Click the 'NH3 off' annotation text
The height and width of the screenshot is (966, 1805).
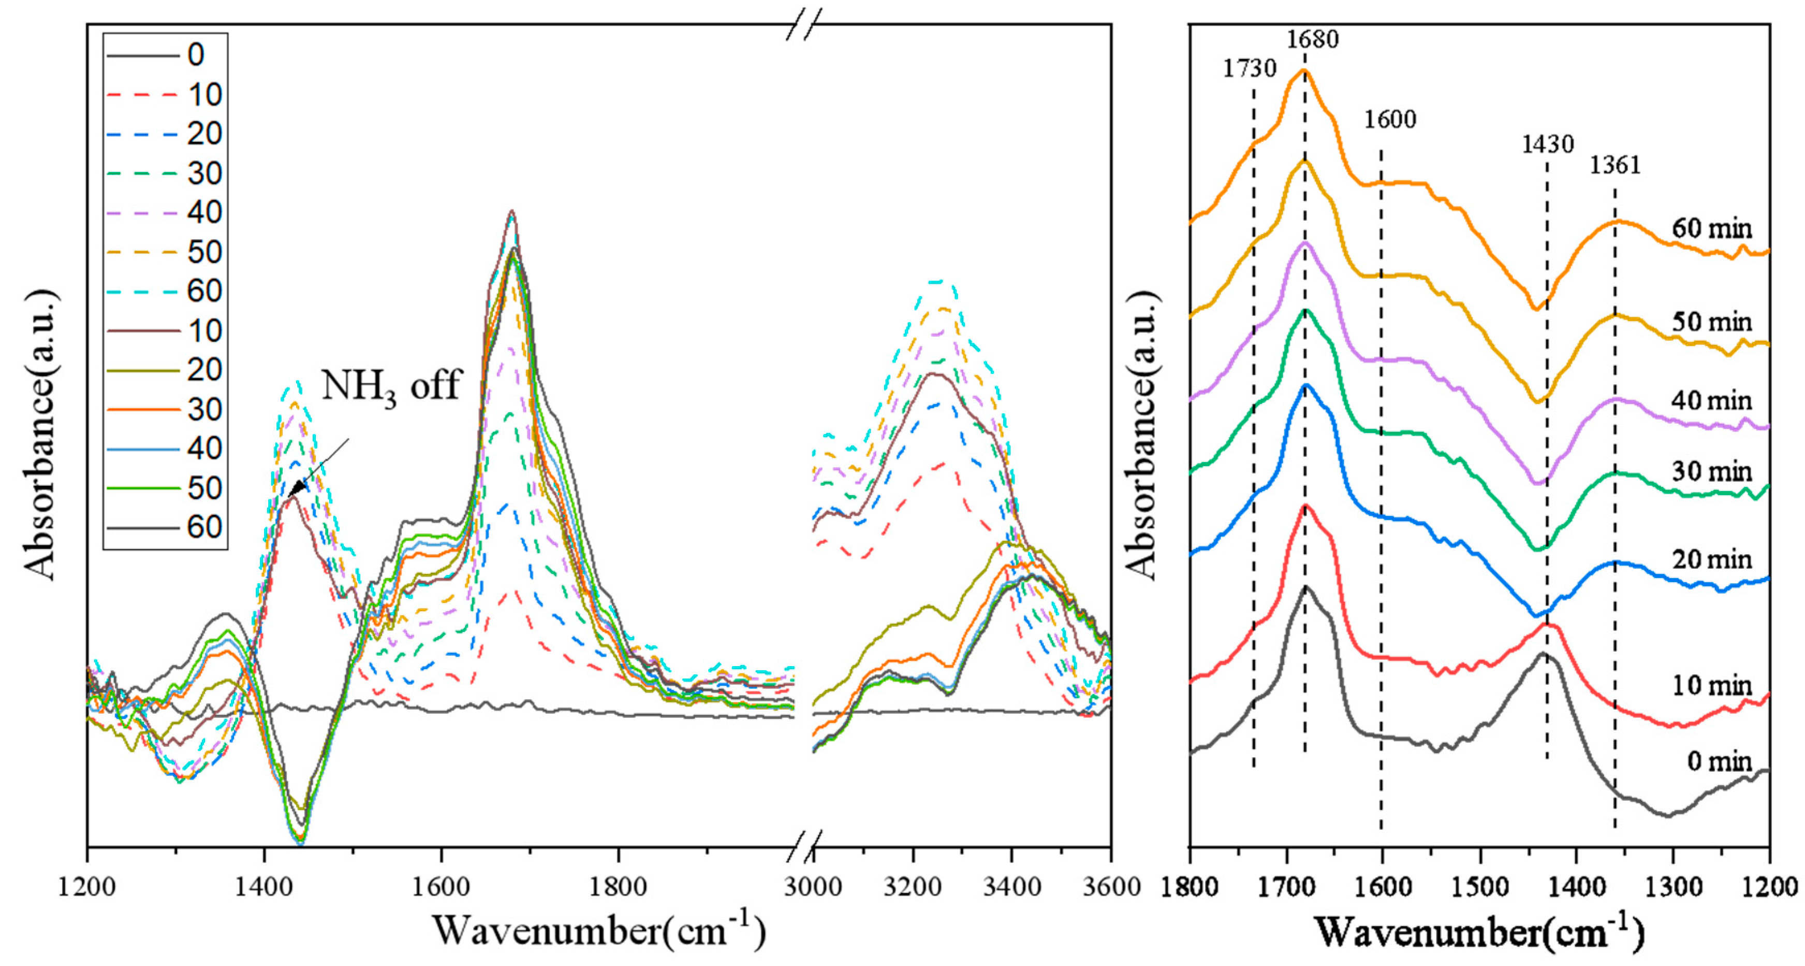pyautogui.click(x=390, y=387)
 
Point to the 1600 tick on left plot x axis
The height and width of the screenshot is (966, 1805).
pyautogui.click(x=440, y=887)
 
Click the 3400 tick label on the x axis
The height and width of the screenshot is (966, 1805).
pyautogui.click(x=1011, y=887)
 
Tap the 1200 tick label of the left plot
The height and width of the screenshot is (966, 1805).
pyautogui.click(x=87, y=887)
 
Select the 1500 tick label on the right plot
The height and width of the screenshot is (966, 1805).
pyautogui.click(x=1479, y=887)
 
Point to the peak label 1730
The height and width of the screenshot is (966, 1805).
pyautogui.click(x=1250, y=69)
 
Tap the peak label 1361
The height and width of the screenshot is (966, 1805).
pyautogui.click(x=1615, y=165)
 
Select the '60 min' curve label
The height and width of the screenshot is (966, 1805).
pyautogui.click(x=1711, y=228)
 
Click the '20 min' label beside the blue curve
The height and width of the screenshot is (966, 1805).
pyautogui.click(x=1711, y=559)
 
